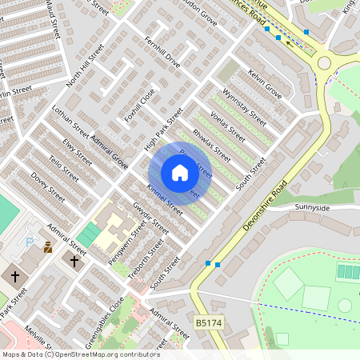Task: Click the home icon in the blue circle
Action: tap(179, 173)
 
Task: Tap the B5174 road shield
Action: tap(208, 322)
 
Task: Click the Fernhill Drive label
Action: tap(163, 51)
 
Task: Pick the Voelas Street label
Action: tap(226, 126)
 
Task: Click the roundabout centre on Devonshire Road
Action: tap(324, 62)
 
